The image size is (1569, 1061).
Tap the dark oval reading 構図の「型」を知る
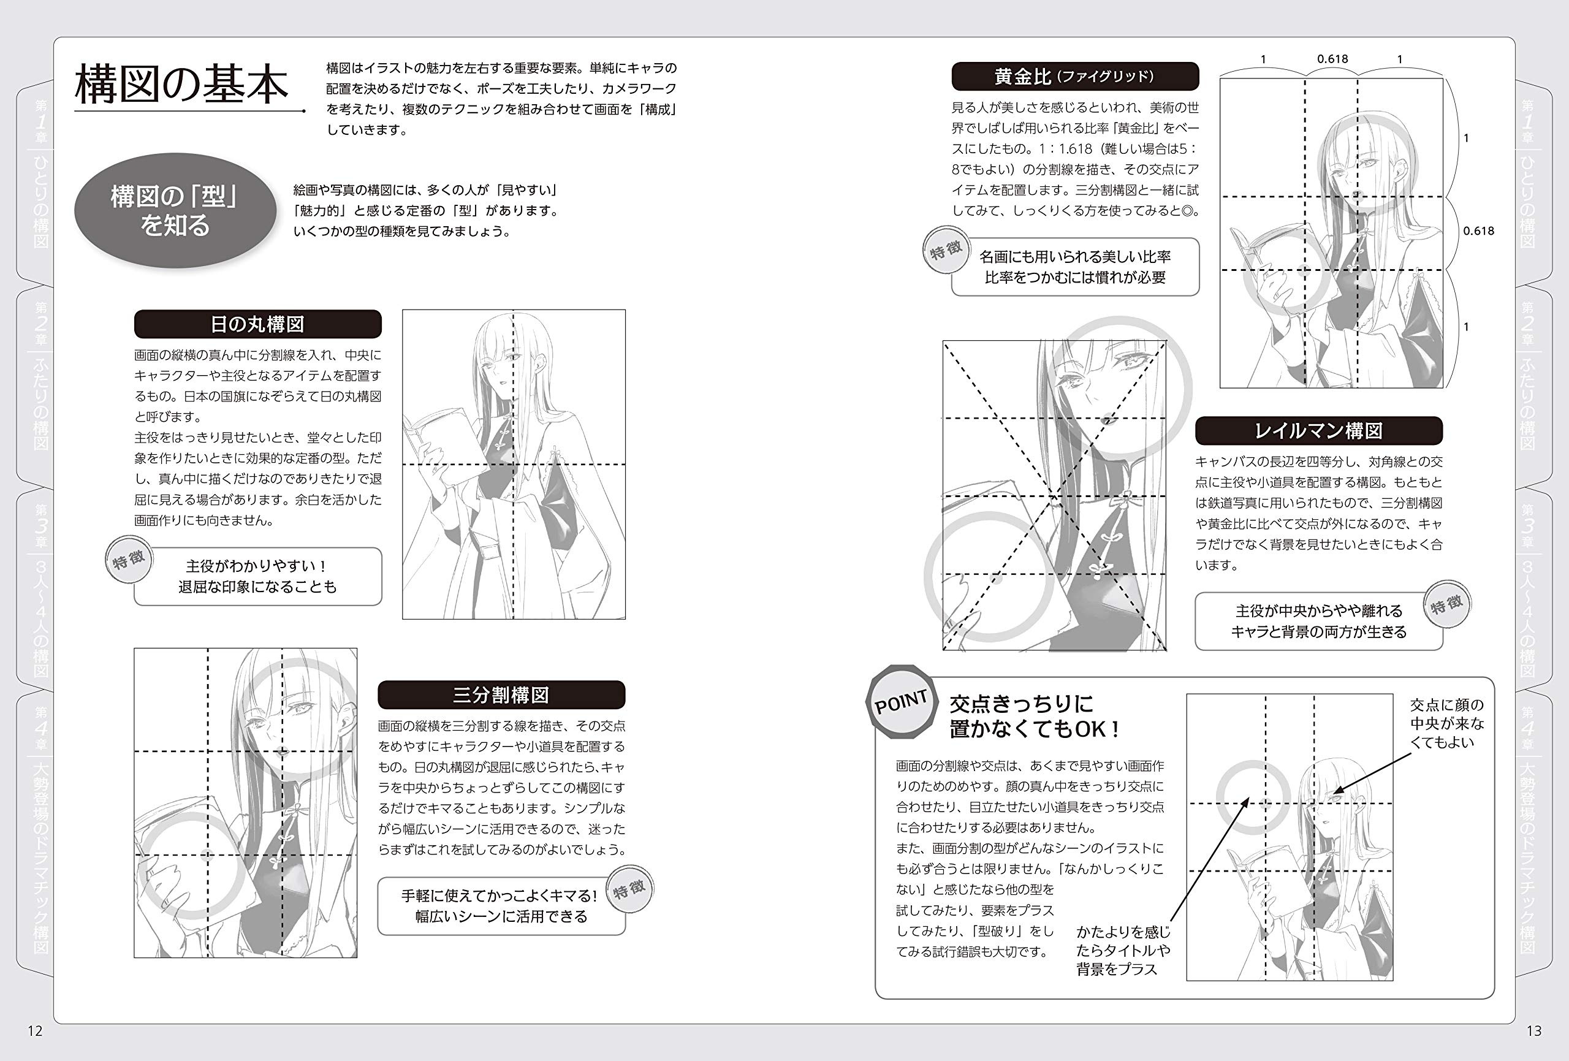175,211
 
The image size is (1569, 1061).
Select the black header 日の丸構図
257,324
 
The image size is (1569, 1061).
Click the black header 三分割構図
501,695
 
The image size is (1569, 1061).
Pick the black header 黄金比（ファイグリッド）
1075,77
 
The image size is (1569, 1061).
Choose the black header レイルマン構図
1318,431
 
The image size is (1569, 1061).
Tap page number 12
35,1030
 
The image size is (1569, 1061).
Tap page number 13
1533,1030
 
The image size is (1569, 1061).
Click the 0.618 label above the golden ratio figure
1332,59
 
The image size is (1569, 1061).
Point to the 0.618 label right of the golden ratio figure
1478,231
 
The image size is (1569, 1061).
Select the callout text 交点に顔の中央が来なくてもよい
1447,723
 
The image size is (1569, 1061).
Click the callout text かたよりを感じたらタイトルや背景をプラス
1123,950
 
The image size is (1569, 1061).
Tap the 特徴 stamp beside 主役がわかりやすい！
129,560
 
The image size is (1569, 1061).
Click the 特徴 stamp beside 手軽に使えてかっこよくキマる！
629,889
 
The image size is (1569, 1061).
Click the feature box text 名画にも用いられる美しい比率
1075,257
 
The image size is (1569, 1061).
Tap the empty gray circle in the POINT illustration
1254,797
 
